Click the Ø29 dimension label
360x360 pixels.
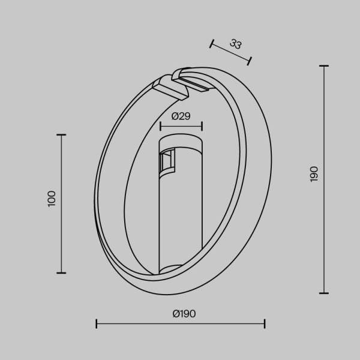[181, 116]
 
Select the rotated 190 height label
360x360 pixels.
[314, 174]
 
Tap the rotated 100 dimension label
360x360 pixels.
[52, 199]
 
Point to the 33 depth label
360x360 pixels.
[235, 44]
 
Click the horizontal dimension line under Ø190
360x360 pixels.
[180, 325]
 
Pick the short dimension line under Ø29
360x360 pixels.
[181, 126]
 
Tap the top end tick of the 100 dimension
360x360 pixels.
[61, 135]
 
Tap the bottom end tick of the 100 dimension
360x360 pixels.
[61, 272]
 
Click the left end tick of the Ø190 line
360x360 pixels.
[97, 325]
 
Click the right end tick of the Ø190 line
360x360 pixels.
[265, 325]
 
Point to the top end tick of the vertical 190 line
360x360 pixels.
[324, 66]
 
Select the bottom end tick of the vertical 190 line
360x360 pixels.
[324, 293]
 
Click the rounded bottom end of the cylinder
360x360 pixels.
[181, 269]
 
